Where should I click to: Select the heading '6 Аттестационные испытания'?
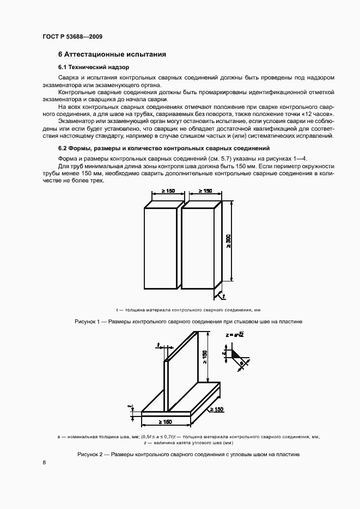coord(112,55)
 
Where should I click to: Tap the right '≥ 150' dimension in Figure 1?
coord(205,191)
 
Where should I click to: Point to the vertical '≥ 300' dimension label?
coord(229,241)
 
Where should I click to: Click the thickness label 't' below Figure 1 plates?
coord(224,296)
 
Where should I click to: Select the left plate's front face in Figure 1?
coord(161,248)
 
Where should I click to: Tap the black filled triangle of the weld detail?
coord(237,353)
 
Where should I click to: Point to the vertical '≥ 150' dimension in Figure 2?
coord(205,357)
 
